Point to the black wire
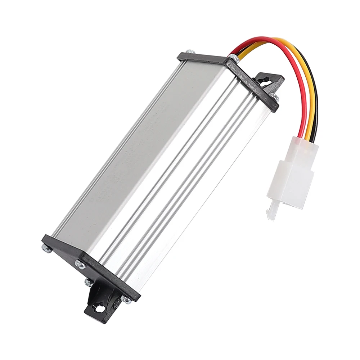coord(314,108)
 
